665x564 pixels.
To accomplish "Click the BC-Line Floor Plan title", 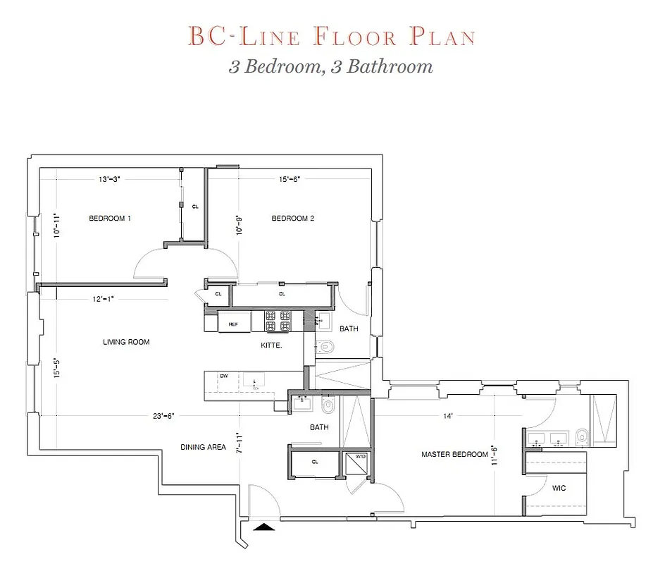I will pyautogui.click(x=331, y=37).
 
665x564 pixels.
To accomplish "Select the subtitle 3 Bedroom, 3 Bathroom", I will pyautogui.click(x=330, y=67).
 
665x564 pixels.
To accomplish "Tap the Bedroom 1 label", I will pyautogui.click(x=109, y=219).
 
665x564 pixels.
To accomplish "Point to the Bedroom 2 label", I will pyautogui.click(x=292, y=219).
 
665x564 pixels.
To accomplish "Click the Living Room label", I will pyautogui.click(x=126, y=343).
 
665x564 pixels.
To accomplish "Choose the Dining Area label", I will pyautogui.click(x=203, y=447).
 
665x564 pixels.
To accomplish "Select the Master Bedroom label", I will pyautogui.click(x=454, y=455).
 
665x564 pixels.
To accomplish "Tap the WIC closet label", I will pyautogui.click(x=559, y=488).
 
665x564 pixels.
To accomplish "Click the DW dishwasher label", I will pyautogui.click(x=224, y=376).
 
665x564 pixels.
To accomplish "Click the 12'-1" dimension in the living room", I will pyautogui.click(x=103, y=299).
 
